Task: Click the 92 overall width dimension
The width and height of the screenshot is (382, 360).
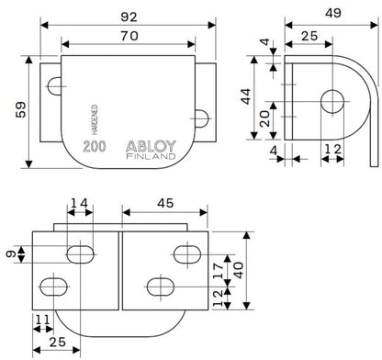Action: [129, 17]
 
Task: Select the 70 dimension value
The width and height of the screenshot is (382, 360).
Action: [129, 36]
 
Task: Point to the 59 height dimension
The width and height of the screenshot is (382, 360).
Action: [21, 110]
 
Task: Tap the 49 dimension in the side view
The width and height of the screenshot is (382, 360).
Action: [333, 13]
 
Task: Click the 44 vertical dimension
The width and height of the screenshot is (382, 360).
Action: [245, 96]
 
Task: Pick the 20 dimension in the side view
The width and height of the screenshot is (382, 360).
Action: [264, 118]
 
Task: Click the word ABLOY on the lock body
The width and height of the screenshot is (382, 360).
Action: [152, 146]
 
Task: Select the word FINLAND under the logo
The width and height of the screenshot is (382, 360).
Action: [152, 156]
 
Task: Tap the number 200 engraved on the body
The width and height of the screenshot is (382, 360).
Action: [95, 147]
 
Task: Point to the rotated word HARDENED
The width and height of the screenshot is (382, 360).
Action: [95, 119]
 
